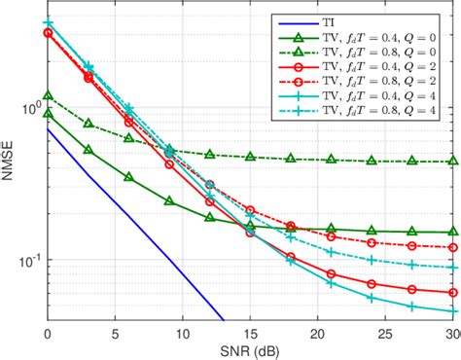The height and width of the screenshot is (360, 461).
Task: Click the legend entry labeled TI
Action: click(x=331, y=18)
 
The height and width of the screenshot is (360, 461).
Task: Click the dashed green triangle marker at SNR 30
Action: click(x=453, y=162)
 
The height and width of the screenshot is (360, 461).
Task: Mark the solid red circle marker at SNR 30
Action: click(x=453, y=292)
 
